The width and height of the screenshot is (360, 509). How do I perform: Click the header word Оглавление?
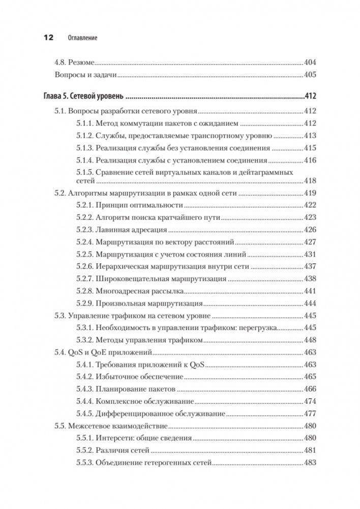click(x=82, y=38)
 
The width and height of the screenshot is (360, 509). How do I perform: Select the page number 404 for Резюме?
click(x=310, y=63)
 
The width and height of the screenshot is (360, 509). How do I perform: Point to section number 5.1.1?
click(x=87, y=123)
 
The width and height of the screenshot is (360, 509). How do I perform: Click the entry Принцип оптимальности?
click(x=139, y=205)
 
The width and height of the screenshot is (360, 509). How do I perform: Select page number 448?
click(x=310, y=340)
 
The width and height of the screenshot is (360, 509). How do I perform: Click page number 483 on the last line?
click(x=310, y=463)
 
